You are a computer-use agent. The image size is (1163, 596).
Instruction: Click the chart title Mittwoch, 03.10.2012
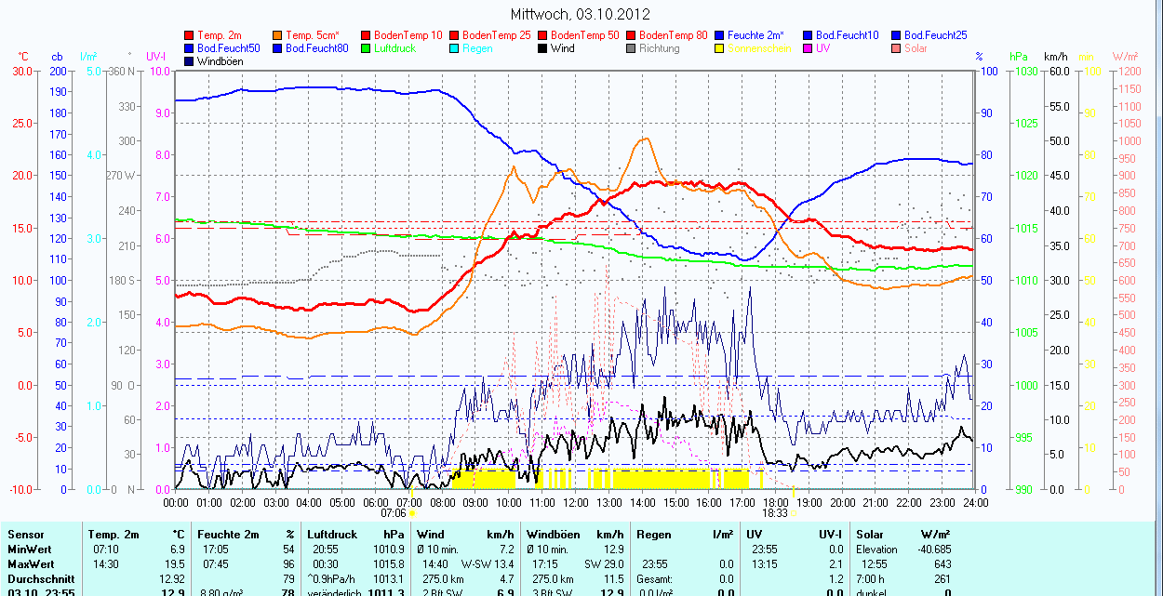[x=581, y=14]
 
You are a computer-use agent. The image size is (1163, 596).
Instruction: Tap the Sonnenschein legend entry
[x=759, y=48]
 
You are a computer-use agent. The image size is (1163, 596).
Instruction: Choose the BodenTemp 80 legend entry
[x=674, y=35]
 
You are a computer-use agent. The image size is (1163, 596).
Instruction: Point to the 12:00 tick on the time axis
[x=575, y=503]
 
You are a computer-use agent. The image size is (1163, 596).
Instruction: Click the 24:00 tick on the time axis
[x=975, y=503]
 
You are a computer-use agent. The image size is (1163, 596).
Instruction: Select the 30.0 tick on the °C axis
[x=20, y=72]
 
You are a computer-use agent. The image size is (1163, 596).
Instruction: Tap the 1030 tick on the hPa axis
[x=1025, y=72]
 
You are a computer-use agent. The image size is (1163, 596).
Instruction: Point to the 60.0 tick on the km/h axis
[x=1056, y=72]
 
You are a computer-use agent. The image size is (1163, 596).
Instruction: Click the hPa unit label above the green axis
[x=1019, y=57]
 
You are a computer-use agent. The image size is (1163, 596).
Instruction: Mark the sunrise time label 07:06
[x=394, y=513]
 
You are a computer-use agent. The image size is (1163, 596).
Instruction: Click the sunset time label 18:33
[x=774, y=513]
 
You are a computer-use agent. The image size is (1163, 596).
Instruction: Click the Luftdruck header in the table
[x=330, y=535]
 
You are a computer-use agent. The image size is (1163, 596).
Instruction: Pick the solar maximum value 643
[x=942, y=564]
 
